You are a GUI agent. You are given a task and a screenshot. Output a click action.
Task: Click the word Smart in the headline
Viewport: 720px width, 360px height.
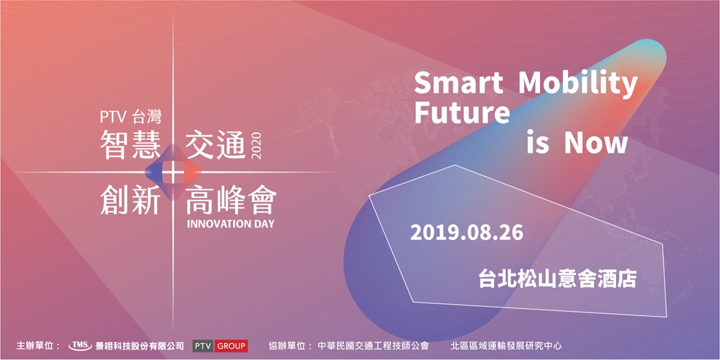point(459,83)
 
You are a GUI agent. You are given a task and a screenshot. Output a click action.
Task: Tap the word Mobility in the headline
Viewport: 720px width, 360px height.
point(578,85)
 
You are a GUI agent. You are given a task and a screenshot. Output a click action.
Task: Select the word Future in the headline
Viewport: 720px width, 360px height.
point(462,113)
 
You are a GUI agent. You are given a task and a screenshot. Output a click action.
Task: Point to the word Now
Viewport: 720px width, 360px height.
point(597,143)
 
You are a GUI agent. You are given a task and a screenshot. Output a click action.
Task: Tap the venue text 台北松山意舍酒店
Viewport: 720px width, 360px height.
point(557,278)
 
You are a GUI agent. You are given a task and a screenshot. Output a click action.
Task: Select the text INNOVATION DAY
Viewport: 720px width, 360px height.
point(231,224)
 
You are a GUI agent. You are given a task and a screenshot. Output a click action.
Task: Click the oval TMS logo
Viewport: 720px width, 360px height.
point(80,346)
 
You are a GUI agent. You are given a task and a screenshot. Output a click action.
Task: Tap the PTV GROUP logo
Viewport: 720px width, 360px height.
point(220,346)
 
